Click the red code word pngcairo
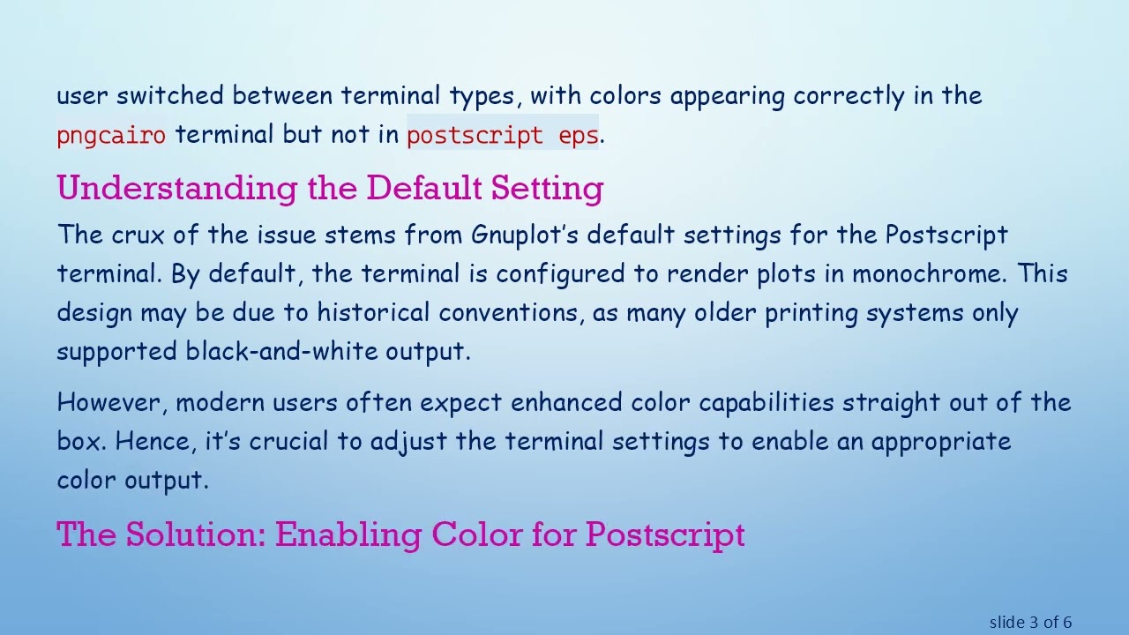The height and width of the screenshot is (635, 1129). point(110,135)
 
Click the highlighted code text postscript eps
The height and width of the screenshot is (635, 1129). point(502,135)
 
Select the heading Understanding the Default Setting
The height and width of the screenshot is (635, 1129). point(330,188)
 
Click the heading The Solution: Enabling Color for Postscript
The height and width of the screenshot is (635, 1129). point(400,534)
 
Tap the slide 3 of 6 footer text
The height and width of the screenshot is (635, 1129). point(1030,623)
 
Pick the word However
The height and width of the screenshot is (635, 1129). point(112,403)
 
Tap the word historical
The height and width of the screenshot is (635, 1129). point(374,313)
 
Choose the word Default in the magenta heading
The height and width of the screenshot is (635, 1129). point(424,188)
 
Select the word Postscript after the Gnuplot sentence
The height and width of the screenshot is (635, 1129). point(946,235)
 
